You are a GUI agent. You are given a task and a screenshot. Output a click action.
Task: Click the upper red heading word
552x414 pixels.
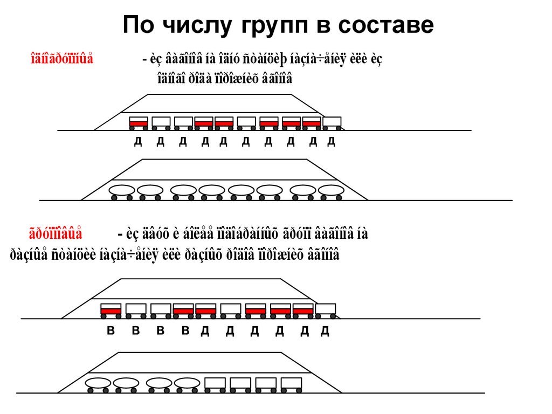tap(62, 59)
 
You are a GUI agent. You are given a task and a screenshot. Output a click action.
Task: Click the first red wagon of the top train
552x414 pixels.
tap(139, 122)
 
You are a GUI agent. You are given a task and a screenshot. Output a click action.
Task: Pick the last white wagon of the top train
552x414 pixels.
tap(332, 122)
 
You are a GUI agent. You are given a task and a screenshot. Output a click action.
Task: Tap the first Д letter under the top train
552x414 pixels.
tap(138, 142)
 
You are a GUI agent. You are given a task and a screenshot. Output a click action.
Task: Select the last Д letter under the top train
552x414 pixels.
tap(332, 142)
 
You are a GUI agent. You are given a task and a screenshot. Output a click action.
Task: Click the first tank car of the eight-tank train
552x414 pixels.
tap(122, 191)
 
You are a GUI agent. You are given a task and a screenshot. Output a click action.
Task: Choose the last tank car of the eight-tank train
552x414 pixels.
tap(331, 191)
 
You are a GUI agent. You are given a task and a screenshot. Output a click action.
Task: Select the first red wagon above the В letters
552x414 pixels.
tap(111, 310)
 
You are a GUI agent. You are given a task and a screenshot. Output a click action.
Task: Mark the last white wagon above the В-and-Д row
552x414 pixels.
tap(325, 310)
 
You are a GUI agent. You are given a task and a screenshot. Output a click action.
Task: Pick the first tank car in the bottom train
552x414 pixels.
tap(98, 383)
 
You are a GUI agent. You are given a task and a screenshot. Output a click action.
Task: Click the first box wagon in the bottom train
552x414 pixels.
tap(215, 383)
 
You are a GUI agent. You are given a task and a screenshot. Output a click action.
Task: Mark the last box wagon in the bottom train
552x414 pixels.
tap(291, 383)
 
